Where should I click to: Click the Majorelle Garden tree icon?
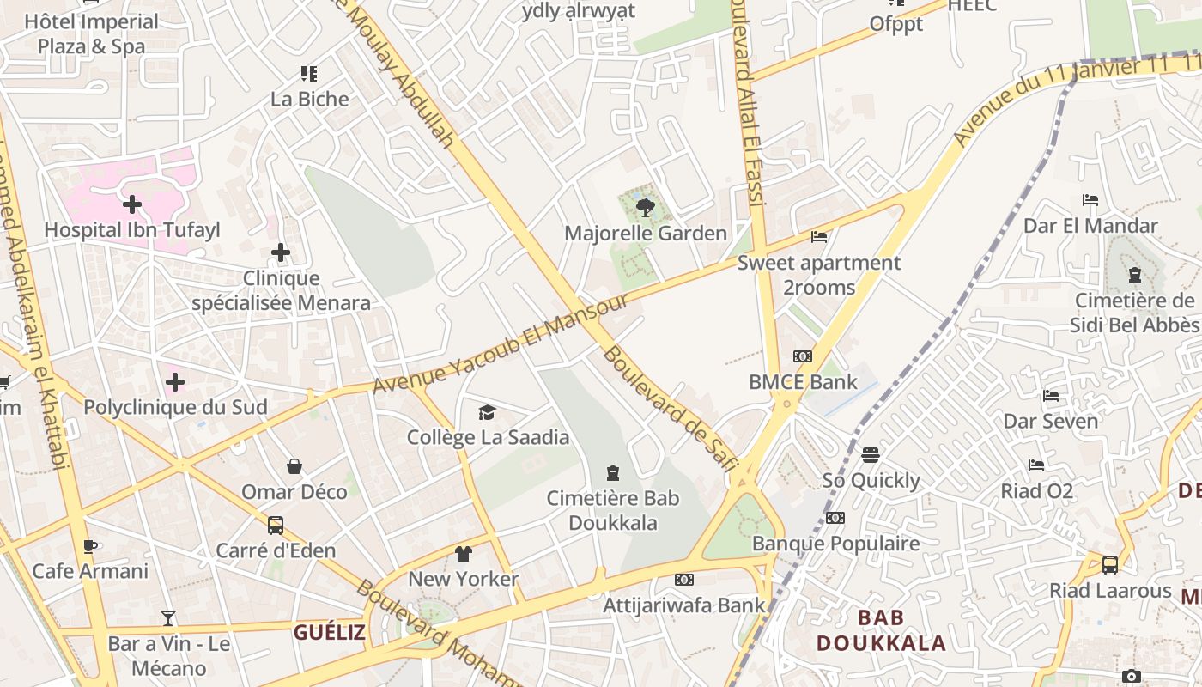(x=646, y=206)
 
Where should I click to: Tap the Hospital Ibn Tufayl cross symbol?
(x=132, y=204)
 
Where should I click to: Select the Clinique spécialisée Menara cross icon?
(x=281, y=252)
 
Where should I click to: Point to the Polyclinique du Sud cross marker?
(x=175, y=381)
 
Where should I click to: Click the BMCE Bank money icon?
(x=803, y=356)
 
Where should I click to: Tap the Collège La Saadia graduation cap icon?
(x=487, y=412)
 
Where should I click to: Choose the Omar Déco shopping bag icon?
(x=294, y=466)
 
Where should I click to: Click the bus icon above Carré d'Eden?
(x=276, y=525)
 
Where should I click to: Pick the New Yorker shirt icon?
(x=464, y=554)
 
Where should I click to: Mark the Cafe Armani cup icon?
(x=89, y=546)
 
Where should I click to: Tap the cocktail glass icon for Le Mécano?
(x=168, y=617)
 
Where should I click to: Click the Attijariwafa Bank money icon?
(x=683, y=580)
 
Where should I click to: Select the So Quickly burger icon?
(x=871, y=454)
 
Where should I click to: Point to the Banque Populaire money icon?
(x=835, y=518)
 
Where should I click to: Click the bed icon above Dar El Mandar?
(x=1090, y=200)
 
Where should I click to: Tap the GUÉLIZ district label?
(x=330, y=633)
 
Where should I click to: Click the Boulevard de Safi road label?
(x=670, y=409)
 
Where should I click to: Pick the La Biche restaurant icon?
(x=309, y=74)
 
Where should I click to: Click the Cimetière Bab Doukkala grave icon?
(x=613, y=473)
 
